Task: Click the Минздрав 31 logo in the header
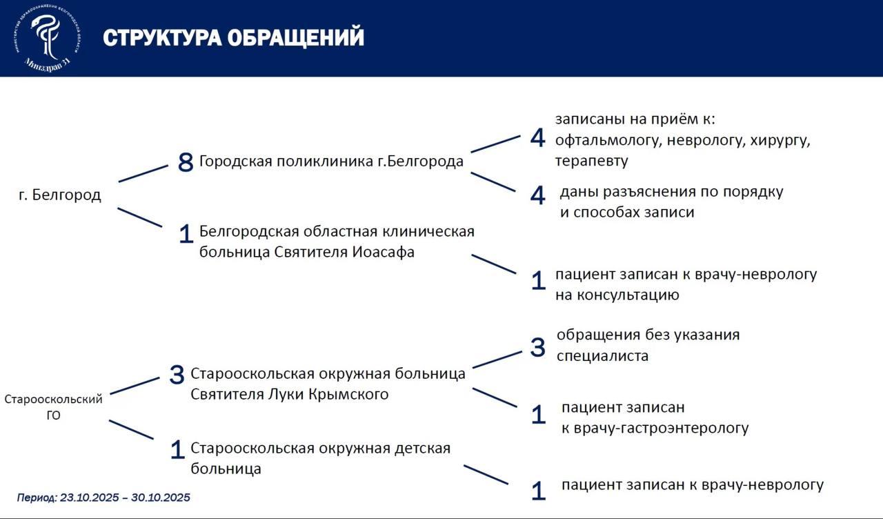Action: (x=46, y=38)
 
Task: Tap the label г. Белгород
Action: (x=60, y=195)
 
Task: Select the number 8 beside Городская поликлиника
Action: (x=185, y=163)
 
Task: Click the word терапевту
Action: (x=591, y=161)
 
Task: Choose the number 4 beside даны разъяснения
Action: (x=537, y=195)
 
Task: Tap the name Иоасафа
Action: (x=384, y=252)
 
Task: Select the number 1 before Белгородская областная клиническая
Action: (x=185, y=235)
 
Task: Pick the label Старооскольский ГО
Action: (x=54, y=407)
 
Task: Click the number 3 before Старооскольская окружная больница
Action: (x=177, y=375)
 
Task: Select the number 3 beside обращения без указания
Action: (x=537, y=347)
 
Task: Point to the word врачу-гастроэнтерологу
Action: (x=655, y=428)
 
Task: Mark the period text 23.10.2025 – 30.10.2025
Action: (x=125, y=498)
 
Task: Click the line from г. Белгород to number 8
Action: (x=143, y=173)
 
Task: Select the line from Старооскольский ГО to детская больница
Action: (x=131, y=429)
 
